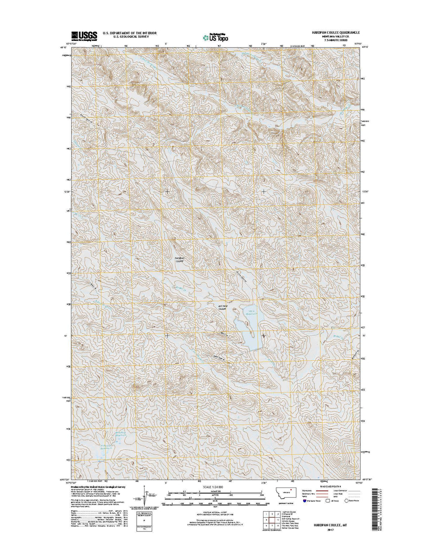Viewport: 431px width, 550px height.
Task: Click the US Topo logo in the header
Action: (x=215, y=36)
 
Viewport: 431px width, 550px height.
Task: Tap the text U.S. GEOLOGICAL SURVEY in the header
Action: (x=129, y=37)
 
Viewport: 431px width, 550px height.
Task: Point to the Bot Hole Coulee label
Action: (x=222, y=307)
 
